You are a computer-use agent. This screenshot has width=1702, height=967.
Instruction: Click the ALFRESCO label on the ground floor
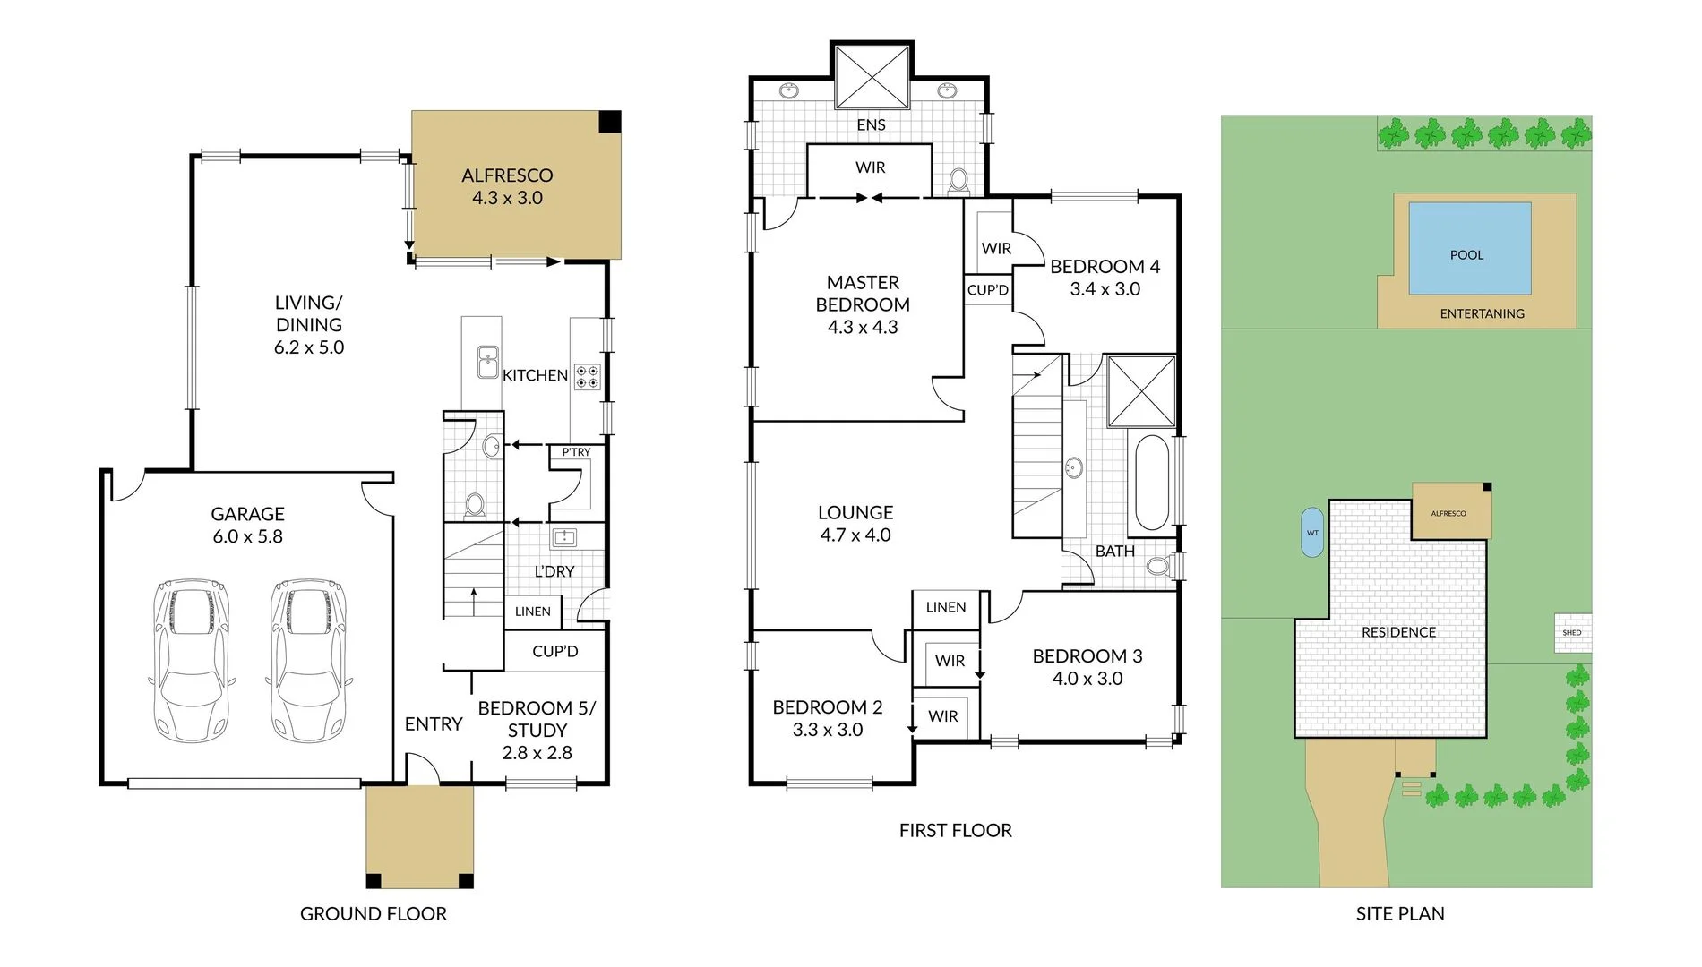click(x=507, y=175)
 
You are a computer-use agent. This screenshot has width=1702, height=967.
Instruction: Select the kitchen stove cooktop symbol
click(x=588, y=376)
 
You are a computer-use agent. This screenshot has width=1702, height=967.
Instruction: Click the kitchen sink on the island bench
click(x=487, y=362)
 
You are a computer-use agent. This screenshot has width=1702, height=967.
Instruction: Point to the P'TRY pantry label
click(x=576, y=452)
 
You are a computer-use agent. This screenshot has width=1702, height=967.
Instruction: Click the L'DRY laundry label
click(x=554, y=571)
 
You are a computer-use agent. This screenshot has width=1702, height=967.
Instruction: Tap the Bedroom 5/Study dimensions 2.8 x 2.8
click(x=537, y=753)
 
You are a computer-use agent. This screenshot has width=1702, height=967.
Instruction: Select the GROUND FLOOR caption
click(x=373, y=914)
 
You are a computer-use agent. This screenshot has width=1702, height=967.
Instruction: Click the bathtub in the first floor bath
click(x=1151, y=483)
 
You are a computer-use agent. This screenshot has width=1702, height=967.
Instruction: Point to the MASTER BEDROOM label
click(x=863, y=294)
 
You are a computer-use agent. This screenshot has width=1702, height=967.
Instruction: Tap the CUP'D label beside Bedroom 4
click(x=987, y=290)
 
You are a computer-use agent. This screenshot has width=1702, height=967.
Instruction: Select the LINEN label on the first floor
click(x=946, y=607)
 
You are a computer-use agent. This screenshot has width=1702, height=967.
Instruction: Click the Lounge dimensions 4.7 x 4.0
click(x=855, y=535)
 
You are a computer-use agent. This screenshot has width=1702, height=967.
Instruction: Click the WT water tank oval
click(x=1311, y=533)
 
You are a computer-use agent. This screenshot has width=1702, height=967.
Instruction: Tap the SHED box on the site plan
click(x=1572, y=632)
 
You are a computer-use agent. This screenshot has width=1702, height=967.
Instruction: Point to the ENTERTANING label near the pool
click(x=1482, y=313)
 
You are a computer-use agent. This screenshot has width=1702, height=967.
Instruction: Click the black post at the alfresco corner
click(x=609, y=122)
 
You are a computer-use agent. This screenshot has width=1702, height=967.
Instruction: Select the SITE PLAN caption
click(x=1399, y=914)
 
